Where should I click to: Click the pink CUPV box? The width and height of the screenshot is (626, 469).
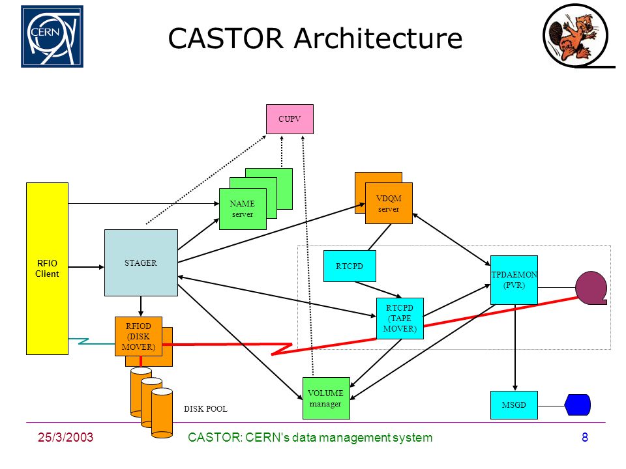click(x=290, y=119)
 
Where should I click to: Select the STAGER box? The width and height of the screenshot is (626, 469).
click(x=141, y=263)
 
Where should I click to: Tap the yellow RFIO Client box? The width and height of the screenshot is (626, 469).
click(x=47, y=268)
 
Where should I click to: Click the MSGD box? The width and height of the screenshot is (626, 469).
click(x=514, y=405)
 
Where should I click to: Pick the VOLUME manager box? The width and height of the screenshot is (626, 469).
click(x=326, y=398)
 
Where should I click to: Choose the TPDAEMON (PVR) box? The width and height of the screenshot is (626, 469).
click(x=514, y=280)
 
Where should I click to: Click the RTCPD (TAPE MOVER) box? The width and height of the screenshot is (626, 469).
click(x=400, y=319)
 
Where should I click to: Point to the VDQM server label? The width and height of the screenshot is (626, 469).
click(x=389, y=203)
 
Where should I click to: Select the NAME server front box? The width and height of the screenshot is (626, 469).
click(x=243, y=208)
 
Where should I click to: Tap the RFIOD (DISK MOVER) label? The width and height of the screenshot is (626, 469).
click(x=138, y=337)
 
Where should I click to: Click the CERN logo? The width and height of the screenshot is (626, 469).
click(x=52, y=36)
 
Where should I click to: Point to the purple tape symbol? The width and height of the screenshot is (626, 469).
click(x=591, y=288)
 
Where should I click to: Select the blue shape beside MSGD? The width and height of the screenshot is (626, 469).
click(x=577, y=405)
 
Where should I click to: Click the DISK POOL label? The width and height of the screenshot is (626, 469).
click(x=205, y=409)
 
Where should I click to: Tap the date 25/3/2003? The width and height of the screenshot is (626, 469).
click(x=65, y=437)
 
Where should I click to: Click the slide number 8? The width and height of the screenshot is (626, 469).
click(x=585, y=438)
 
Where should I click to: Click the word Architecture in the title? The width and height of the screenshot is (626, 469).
click(x=378, y=38)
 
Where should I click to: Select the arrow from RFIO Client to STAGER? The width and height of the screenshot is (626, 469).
click(x=86, y=267)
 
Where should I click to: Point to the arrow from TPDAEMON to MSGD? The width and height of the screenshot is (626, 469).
click(x=515, y=348)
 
